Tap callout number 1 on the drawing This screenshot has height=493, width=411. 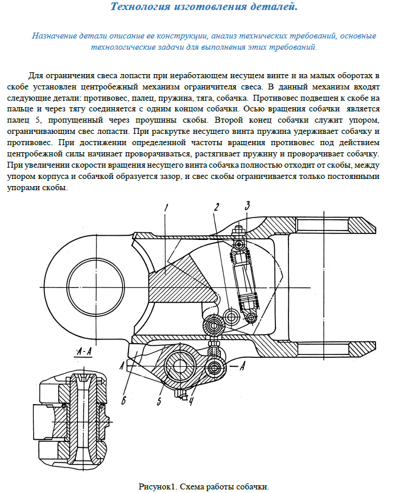click(x=167, y=207)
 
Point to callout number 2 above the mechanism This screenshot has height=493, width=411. click(x=217, y=207)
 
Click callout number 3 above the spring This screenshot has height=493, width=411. click(x=248, y=206)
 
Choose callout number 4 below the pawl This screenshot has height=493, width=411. click(x=191, y=405)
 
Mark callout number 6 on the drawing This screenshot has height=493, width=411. click(x=124, y=400)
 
